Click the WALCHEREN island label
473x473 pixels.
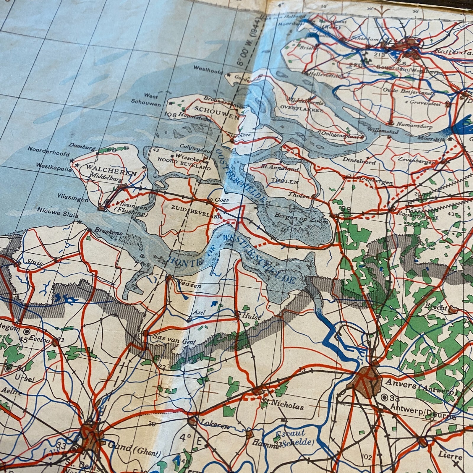pyautogui.click(x=111, y=171)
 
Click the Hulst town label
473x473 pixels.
pyautogui.click(x=251, y=317)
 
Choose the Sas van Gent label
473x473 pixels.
pyautogui.click(x=174, y=339)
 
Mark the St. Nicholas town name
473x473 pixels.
pyautogui.click(x=283, y=405)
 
